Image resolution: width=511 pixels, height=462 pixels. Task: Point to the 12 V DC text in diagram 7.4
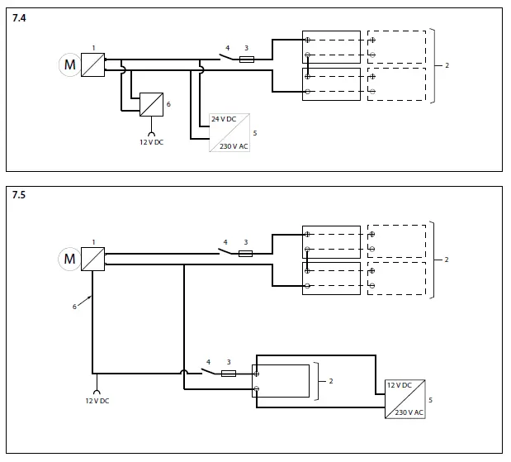152,141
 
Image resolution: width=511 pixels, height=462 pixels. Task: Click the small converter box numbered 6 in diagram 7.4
151,104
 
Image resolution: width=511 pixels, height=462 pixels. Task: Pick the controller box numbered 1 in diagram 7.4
93,64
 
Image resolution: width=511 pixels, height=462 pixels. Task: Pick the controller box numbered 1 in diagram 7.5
93,259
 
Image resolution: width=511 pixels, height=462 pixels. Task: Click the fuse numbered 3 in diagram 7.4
245,60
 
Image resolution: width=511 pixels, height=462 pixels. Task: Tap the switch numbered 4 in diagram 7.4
225,58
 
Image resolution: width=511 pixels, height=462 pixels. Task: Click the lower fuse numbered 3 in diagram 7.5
229,374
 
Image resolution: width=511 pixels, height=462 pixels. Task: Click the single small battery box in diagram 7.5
282,381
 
